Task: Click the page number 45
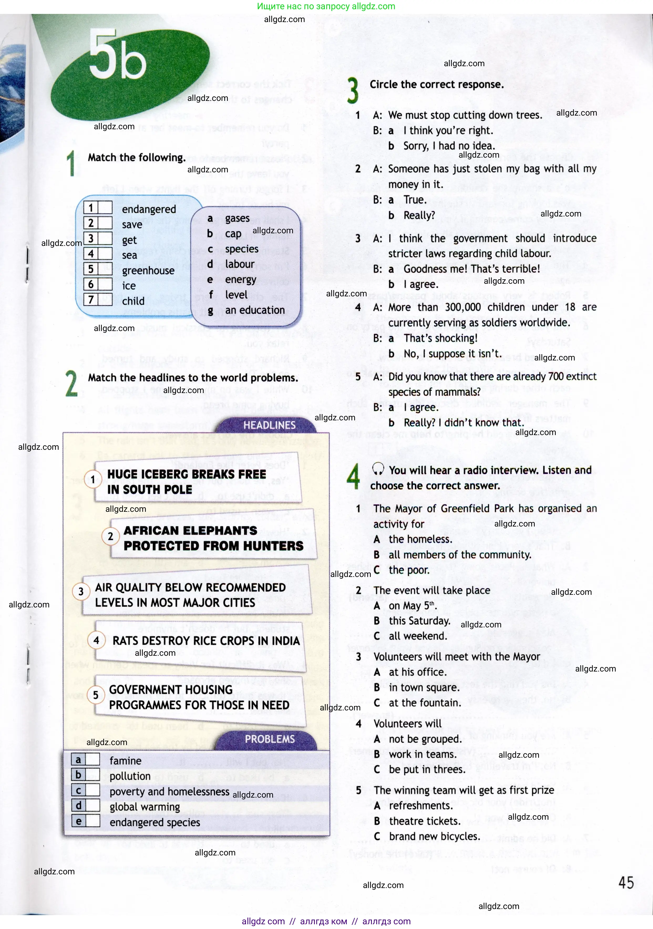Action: tap(626, 882)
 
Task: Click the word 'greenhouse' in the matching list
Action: tap(148, 270)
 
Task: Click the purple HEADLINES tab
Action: tap(269, 425)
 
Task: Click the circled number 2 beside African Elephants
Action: tap(110, 536)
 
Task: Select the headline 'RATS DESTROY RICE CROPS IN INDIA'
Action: tap(206, 641)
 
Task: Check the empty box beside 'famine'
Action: tap(93, 760)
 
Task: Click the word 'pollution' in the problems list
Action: tap(130, 776)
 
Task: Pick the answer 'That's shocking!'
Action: tap(440, 338)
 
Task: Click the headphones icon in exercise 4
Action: tap(378, 469)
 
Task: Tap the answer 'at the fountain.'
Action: tap(425, 703)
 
